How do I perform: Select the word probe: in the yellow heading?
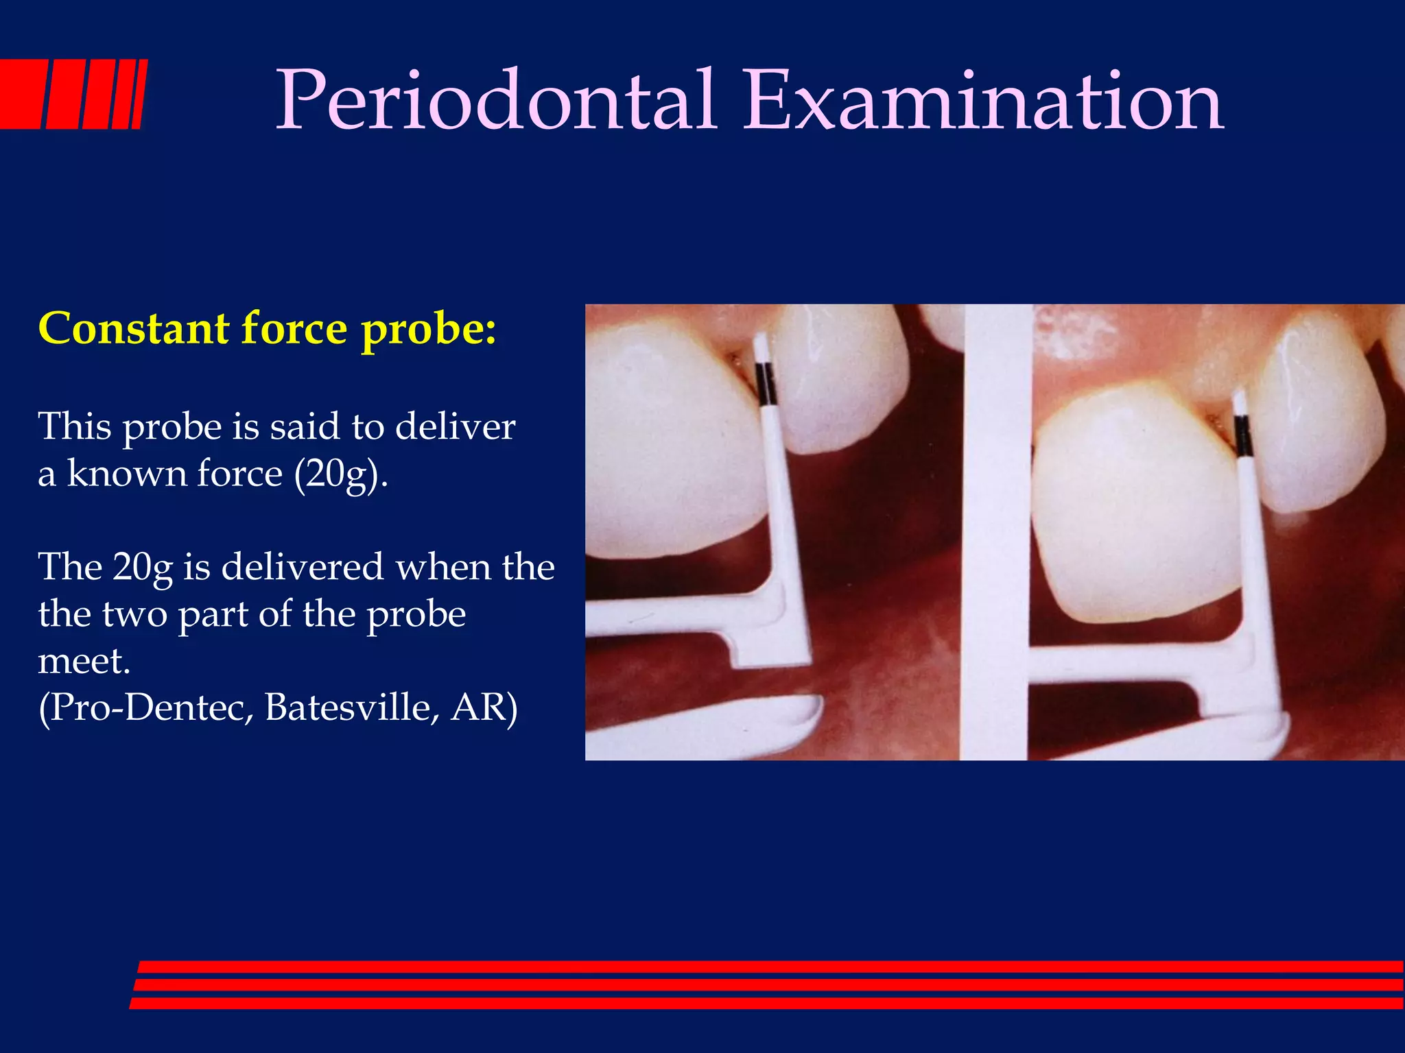coord(429,330)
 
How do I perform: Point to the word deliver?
coord(455,426)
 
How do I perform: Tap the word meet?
coord(84,661)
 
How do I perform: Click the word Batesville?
coord(352,707)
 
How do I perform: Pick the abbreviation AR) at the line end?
coord(484,707)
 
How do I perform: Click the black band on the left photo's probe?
coord(766,384)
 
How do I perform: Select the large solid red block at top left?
coord(21,94)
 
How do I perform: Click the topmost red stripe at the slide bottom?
coord(768,967)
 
